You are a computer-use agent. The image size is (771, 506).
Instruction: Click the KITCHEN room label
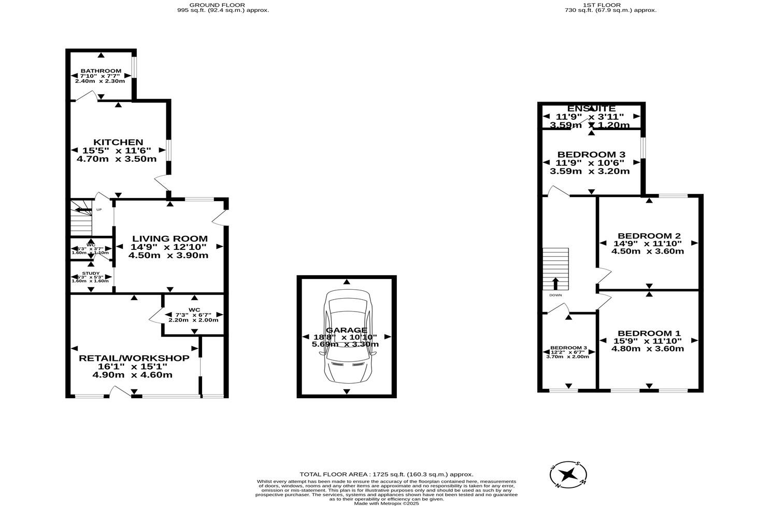[118, 142]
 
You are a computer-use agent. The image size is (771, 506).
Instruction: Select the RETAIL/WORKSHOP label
[134, 358]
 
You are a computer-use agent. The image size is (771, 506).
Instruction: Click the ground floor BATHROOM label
[101, 71]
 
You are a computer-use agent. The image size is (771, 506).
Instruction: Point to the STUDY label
[91, 273]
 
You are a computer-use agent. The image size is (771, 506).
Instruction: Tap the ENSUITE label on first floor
[591, 108]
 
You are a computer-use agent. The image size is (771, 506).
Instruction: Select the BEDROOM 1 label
[649, 333]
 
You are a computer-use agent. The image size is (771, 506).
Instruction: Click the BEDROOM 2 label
[649, 236]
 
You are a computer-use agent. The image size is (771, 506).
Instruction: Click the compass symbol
[568, 474]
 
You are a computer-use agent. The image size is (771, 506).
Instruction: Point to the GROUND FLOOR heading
[223, 5]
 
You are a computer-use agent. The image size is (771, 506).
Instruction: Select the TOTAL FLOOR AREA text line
[386, 474]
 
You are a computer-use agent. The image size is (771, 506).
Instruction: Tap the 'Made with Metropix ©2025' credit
[386, 503]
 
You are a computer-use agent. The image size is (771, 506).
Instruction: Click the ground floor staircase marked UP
[81, 218]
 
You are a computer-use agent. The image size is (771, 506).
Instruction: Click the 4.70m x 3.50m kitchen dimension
[117, 159]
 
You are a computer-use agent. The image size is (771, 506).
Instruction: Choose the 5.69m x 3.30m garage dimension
[345, 344]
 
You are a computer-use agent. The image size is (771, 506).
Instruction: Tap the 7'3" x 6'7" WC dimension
[194, 314]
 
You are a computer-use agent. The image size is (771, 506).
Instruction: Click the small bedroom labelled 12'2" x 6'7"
[568, 352]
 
